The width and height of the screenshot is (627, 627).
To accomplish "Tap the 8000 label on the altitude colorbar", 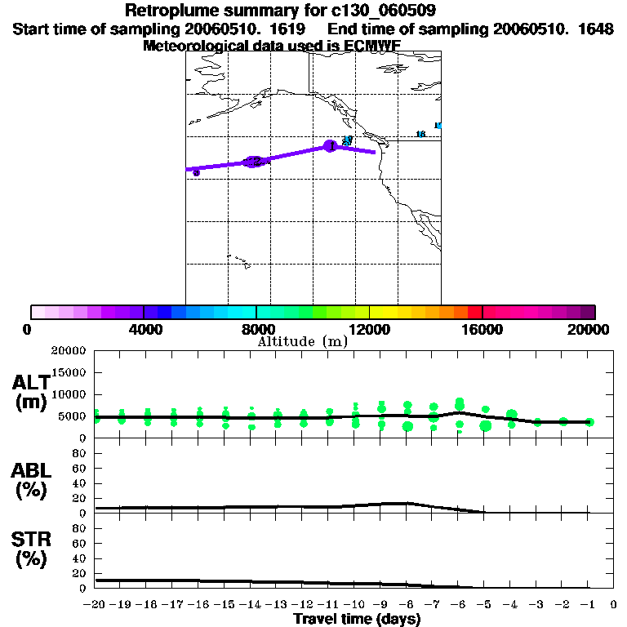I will (256, 329).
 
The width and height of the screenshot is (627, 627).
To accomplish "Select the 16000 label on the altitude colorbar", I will (482, 329).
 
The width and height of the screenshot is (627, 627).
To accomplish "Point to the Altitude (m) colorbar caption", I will (302, 342).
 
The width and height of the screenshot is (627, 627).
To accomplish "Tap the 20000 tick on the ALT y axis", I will (69, 351).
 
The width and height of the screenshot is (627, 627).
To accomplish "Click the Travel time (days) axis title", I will (357, 620).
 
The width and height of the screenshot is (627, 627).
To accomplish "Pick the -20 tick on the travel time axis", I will (95, 606).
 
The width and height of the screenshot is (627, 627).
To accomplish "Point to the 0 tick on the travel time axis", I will (614, 606).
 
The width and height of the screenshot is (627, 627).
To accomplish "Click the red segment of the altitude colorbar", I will (474, 312).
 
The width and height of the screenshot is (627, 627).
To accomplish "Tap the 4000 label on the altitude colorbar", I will (144, 329).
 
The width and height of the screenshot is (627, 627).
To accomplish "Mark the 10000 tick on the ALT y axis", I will (69, 394).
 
